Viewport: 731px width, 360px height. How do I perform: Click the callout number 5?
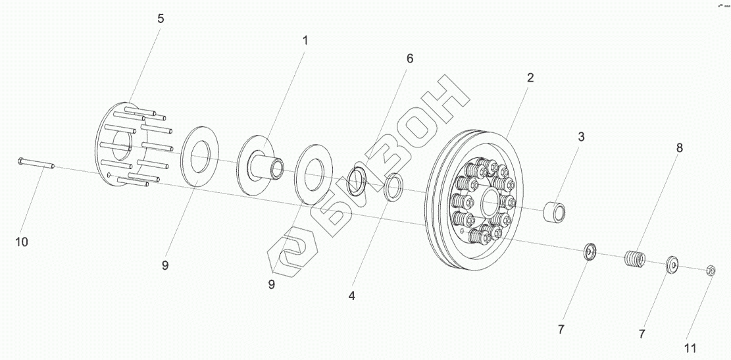[161, 18]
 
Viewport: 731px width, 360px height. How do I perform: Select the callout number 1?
[305, 40]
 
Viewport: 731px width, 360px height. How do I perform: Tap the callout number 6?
[409, 58]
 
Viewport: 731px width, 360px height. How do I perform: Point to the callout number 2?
[530, 77]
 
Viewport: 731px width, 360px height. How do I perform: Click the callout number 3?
[581, 137]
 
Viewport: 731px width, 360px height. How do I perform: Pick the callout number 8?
[679, 147]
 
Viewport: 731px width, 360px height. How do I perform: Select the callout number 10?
[22, 242]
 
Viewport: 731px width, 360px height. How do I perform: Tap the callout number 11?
[690, 347]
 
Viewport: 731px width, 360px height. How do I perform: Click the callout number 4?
[352, 296]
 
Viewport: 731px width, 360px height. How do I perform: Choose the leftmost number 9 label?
[165, 265]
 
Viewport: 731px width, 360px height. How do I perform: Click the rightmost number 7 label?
[642, 333]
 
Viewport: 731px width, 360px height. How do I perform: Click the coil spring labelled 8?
[635, 258]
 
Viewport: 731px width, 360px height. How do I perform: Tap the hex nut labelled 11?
[711, 270]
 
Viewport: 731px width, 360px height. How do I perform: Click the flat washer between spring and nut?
[672, 264]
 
